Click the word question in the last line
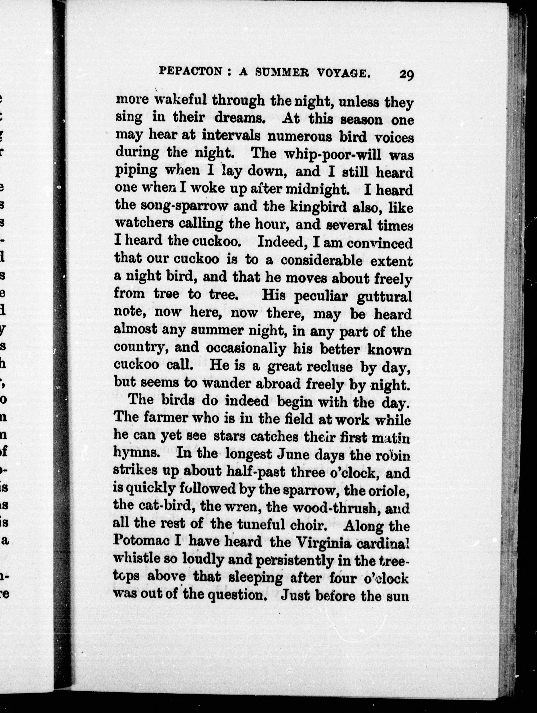pos(239,596)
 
